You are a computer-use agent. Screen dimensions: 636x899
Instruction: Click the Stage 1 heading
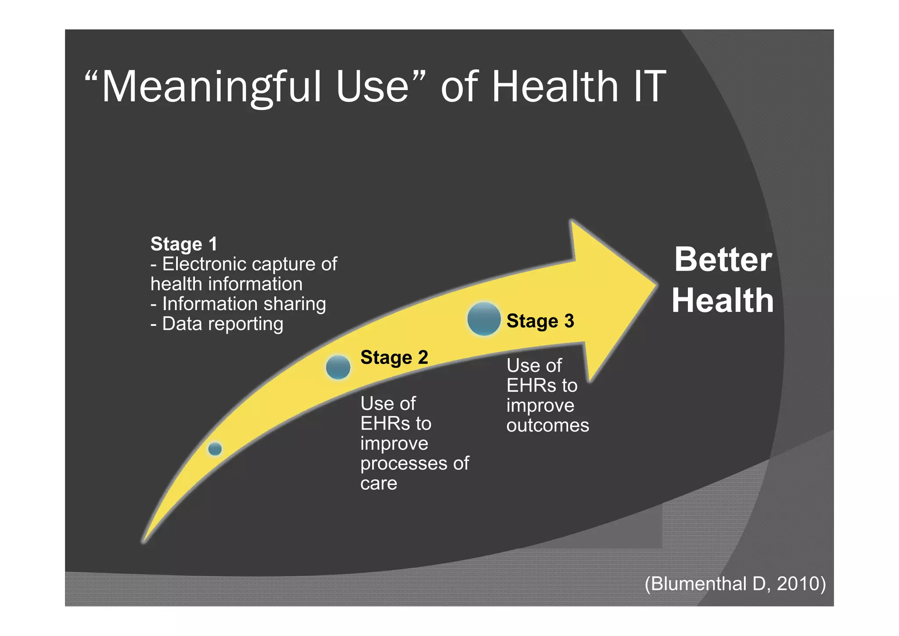tap(184, 244)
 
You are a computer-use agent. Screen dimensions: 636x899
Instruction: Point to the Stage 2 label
tap(394, 358)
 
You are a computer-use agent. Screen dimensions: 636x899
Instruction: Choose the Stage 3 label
tap(540, 321)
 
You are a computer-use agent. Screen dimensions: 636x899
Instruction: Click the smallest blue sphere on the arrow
tap(215, 449)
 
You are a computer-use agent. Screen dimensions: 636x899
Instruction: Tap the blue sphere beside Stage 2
tap(338, 367)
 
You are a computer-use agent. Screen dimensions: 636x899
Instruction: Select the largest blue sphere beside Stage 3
tap(484, 319)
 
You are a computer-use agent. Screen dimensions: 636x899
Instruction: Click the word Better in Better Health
tap(723, 260)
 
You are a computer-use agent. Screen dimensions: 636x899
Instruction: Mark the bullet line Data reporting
tap(217, 324)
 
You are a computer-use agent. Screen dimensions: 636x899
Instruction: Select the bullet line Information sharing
tap(238, 304)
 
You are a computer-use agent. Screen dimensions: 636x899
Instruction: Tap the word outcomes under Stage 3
tap(547, 426)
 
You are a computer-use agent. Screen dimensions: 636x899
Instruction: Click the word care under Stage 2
tap(378, 484)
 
